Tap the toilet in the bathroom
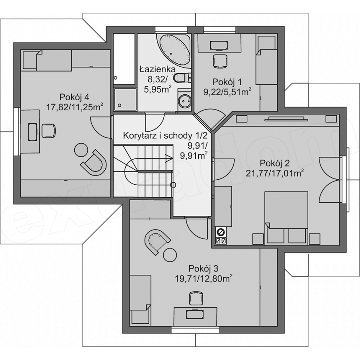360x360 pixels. coord(182,78)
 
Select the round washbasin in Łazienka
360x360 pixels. coord(184,101)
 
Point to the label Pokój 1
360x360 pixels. coord(227,82)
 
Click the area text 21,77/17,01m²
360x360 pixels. coord(275,173)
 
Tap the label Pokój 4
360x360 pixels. coord(74,97)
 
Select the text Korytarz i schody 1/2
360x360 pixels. coord(165,135)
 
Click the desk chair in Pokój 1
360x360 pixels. coord(220,61)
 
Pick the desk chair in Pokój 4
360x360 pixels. coord(49,131)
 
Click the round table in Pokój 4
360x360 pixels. coord(81,150)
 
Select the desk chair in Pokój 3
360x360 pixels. coord(196,298)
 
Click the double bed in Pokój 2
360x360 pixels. coord(286,217)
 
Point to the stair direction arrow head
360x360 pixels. coord(169,157)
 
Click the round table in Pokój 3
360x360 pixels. coord(170,255)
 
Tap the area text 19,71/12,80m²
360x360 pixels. coord(203,279)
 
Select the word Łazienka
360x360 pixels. coord(158,69)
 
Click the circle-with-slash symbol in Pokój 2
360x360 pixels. coord(221,232)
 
